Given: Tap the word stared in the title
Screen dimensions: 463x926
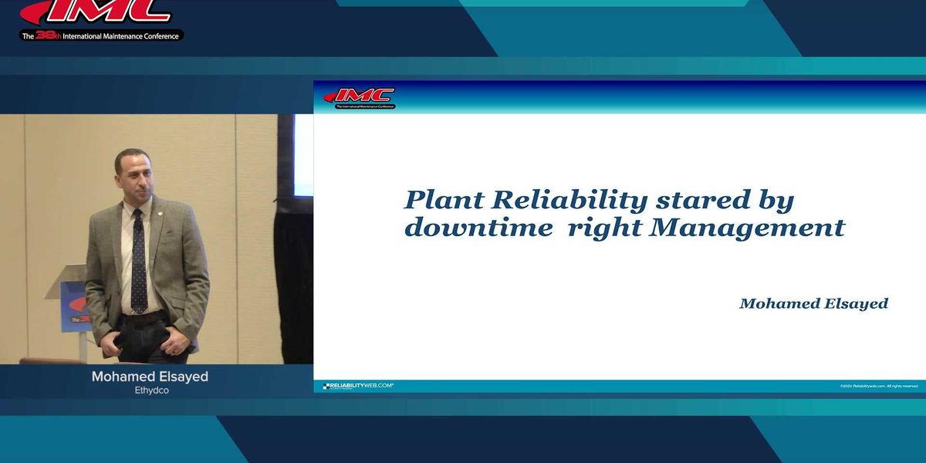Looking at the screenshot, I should [x=691, y=201].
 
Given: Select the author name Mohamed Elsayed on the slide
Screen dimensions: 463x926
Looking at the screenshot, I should [x=813, y=303].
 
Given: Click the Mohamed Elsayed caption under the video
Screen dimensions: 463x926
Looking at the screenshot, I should [x=150, y=377].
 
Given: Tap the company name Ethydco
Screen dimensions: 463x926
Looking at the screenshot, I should [x=151, y=390].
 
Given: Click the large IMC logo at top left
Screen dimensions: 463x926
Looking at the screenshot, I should [x=100, y=12].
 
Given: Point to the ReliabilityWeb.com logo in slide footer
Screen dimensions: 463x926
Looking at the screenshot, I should [x=358, y=385].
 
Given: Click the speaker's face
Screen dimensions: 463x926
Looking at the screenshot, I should [x=131, y=174].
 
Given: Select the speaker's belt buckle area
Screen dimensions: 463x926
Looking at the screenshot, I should [x=139, y=318].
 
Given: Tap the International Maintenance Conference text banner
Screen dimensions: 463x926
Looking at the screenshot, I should [x=102, y=35].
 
